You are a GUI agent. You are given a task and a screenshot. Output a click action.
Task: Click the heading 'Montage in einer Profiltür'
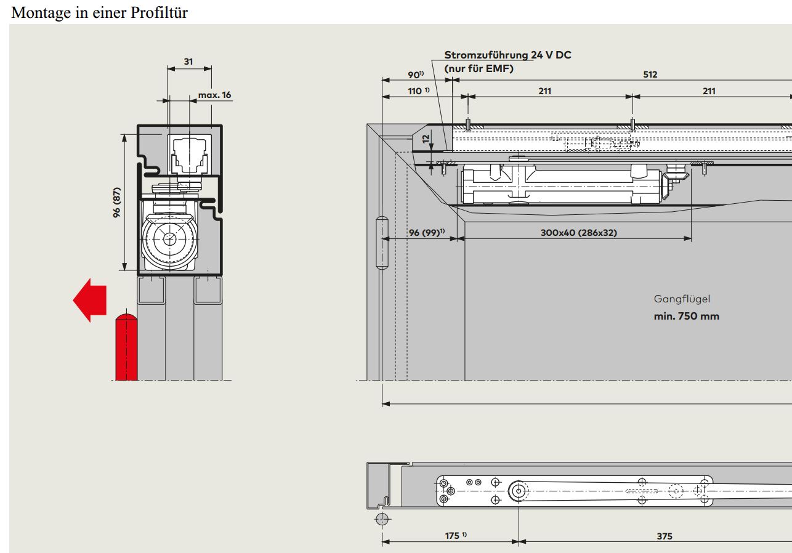pos(99,12)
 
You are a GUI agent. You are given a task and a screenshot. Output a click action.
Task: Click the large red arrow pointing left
pos(89,300)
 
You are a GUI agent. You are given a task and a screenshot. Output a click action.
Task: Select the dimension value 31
pos(188,62)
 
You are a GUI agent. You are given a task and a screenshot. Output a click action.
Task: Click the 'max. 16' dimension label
pos(214,95)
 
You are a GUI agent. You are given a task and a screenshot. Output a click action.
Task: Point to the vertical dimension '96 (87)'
pos(116,201)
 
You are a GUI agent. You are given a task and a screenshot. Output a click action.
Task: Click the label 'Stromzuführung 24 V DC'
pos(507,55)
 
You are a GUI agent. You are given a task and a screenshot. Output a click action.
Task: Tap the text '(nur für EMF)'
pos(479,68)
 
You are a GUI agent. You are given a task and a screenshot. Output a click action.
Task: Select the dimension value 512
pos(650,75)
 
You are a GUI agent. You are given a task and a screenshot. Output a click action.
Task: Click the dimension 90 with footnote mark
pos(416,75)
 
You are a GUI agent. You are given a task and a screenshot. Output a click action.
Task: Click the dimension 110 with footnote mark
pos(417,91)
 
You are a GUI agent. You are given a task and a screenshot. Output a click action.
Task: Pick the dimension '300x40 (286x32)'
pos(578,233)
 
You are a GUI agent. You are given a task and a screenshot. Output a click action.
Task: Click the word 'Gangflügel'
pos(682,299)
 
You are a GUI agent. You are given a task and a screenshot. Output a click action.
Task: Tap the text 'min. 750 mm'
pos(686,317)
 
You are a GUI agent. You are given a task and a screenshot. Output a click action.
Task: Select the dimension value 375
pos(664,536)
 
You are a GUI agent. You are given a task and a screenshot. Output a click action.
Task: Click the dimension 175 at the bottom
pos(455,536)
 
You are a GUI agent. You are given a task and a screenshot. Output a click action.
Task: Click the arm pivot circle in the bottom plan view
pos(519,491)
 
